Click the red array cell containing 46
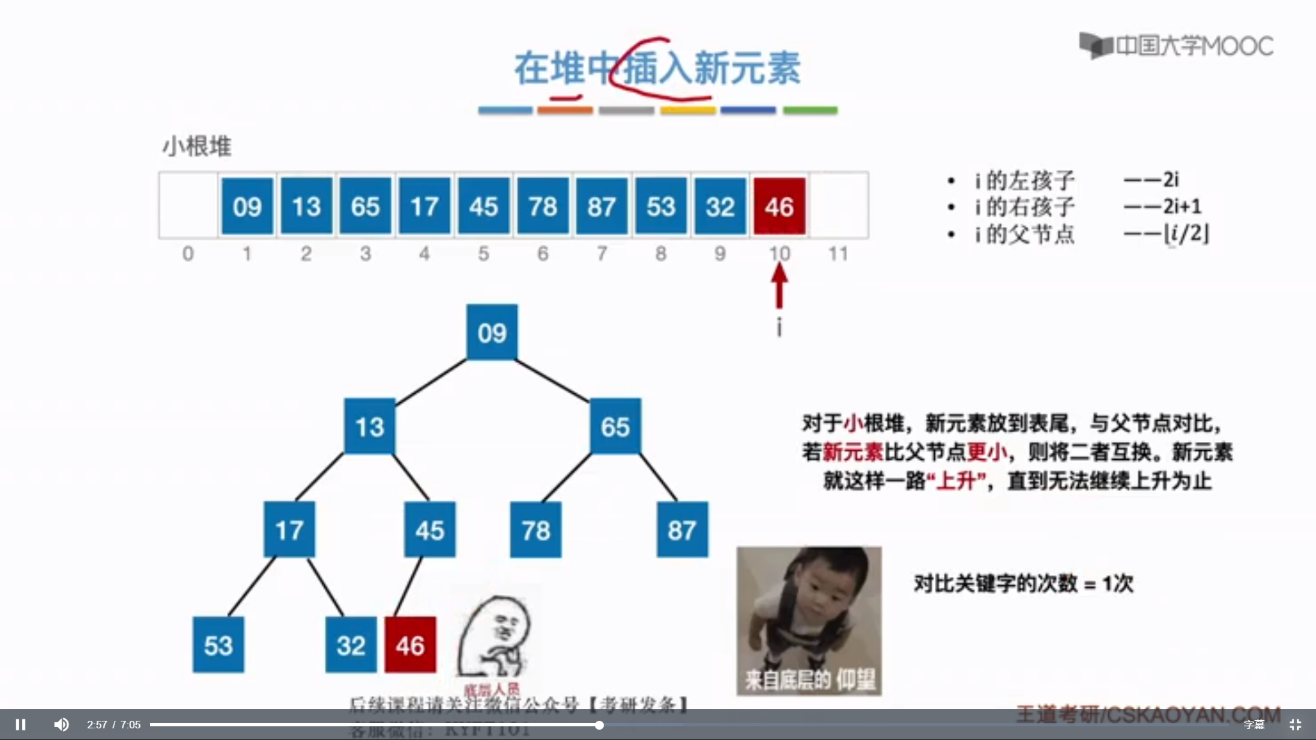pos(779,206)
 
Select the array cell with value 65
pos(365,206)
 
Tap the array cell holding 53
pos(661,206)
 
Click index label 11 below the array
pos(838,254)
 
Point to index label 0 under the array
pos(188,254)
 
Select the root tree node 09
pos(492,333)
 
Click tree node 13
pos(369,427)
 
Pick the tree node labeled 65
pos(615,427)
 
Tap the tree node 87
pos(682,530)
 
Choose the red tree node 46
pos(410,645)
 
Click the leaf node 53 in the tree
pos(218,645)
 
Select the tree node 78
pos(535,530)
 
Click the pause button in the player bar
pos(21,724)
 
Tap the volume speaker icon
pos(62,724)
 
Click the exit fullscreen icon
pos(1295,724)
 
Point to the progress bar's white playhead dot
pos(599,724)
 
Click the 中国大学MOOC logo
pos(1176,46)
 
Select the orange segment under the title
pos(565,110)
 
